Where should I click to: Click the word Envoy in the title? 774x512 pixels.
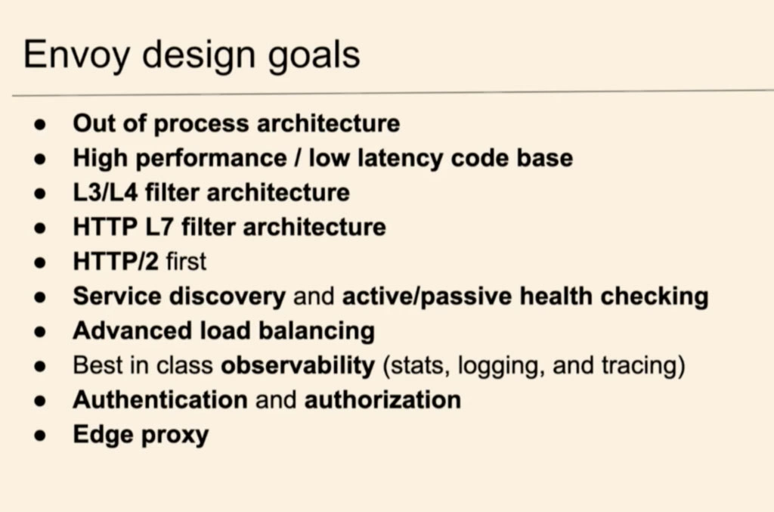coord(76,55)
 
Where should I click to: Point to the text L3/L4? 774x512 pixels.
coord(105,193)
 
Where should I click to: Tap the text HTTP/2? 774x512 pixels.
coord(116,262)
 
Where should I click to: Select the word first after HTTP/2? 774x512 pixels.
coord(186,262)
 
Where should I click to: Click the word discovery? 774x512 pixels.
coord(227,297)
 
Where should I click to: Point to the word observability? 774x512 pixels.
coord(298,366)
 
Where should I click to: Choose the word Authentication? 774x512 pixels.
coord(160,400)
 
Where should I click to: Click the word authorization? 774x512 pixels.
coord(382,400)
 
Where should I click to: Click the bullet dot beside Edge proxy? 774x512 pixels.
coord(40,436)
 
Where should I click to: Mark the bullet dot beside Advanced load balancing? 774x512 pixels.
coord(40,332)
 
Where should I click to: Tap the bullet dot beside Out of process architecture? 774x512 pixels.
coord(40,125)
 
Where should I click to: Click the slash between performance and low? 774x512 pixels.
coord(298,158)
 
